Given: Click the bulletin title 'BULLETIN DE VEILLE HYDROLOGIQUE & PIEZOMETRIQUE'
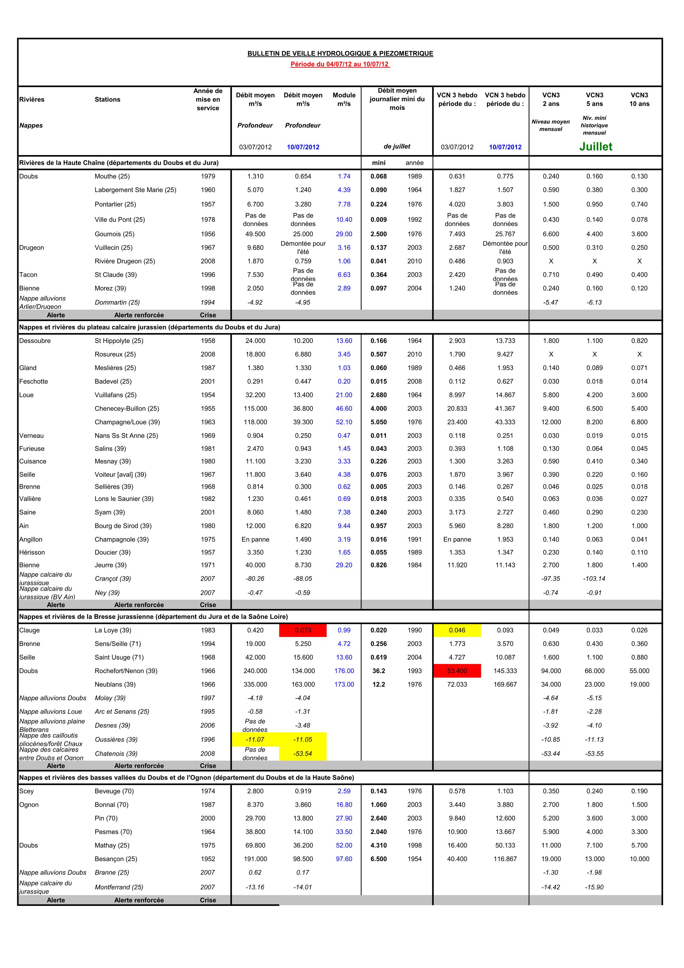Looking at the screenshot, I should click(x=340, y=54).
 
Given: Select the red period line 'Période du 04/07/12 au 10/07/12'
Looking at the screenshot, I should click(x=340, y=64).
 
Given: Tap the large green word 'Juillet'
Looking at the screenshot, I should click(x=595, y=147).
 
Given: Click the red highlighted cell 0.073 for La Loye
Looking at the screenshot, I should click(x=303, y=630).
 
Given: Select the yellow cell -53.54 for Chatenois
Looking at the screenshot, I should click(x=303, y=754).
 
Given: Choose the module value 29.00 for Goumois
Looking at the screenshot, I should click(x=344, y=234).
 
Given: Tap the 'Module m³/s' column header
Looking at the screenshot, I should click(x=344, y=99).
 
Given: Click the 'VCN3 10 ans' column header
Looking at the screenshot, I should click(x=639, y=99).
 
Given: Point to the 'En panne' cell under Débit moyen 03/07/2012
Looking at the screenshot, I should click(x=255, y=539).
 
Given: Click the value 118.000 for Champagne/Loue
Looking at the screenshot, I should click(x=255, y=422).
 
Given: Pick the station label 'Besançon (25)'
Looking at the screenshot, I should click(x=116, y=859).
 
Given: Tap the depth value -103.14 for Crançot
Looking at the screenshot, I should click(x=594, y=579).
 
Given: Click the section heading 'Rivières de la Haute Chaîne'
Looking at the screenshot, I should click(x=119, y=163).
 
